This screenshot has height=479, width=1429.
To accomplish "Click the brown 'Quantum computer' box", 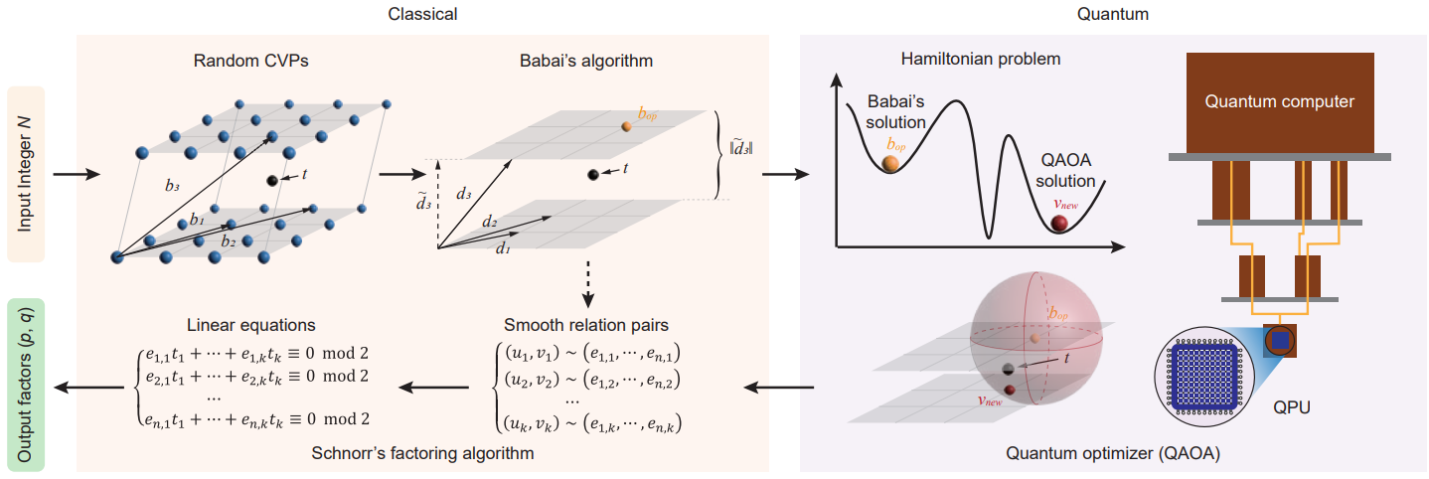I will [x=1279, y=100].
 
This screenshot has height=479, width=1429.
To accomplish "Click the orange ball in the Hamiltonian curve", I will [x=891, y=163].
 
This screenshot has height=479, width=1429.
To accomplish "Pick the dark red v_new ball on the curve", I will [x=1063, y=223].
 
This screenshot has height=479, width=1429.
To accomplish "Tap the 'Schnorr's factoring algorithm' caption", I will [x=423, y=454].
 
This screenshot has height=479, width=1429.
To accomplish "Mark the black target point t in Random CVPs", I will [x=272, y=180].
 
